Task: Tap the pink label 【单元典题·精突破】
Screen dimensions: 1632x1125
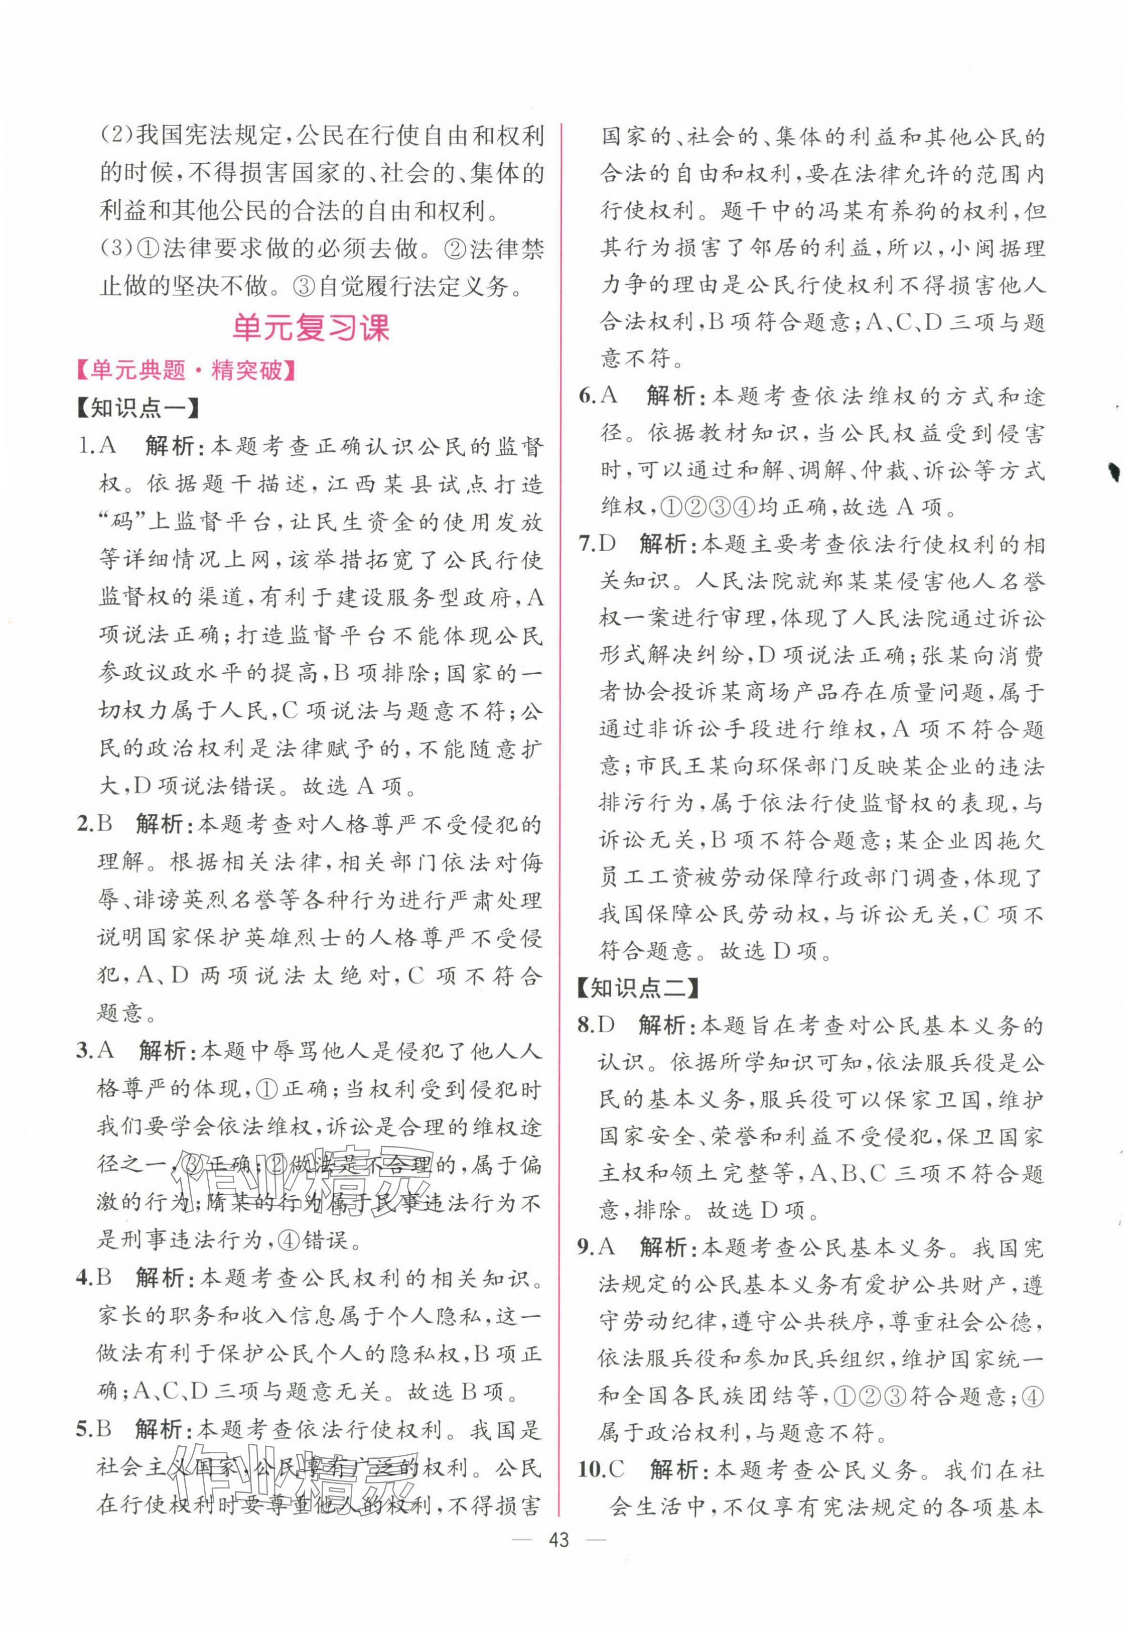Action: pyautogui.click(x=185, y=371)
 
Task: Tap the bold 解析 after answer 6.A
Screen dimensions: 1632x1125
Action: pyautogui.click(x=672, y=397)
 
